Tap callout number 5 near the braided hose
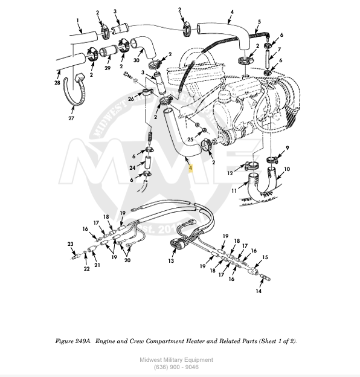[x=259, y=22]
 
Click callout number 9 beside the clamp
[x=287, y=148]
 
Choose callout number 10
[x=287, y=170]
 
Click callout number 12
[x=230, y=174]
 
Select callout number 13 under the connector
[x=171, y=261]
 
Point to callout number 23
[x=70, y=244]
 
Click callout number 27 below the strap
[x=71, y=118]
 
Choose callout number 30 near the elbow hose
[x=137, y=60]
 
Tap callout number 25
[x=190, y=140]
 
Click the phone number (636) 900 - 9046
[x=176, y=367]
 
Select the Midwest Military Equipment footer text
[x=176, y=360]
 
